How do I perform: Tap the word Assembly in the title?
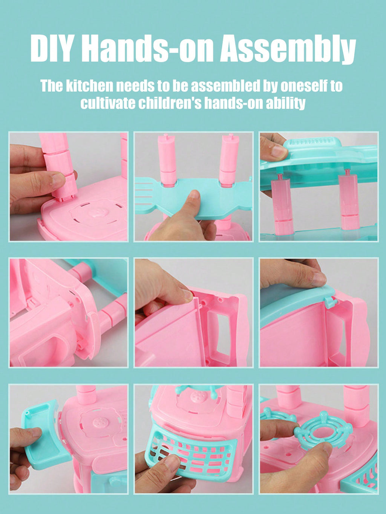pyautogui.click(x=288, y=50)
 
